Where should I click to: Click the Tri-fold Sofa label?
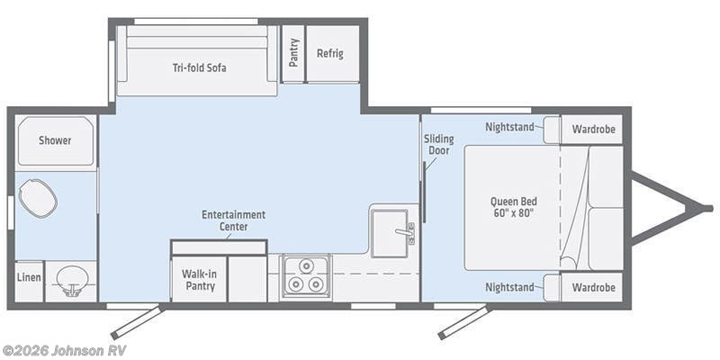tap(198, 67)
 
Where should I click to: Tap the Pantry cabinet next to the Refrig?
tap(293, 53)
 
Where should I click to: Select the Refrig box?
tap(330, 53)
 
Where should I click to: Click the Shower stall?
tap(55, 140)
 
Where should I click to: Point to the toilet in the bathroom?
tap(38, 198)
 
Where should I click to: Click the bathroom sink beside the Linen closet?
tap(70, 281)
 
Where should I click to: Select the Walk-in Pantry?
tap(198, 279)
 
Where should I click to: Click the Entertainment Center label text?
tap(233, 220)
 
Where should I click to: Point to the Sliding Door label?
tap(439, 145)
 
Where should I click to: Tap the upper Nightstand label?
tap(509, 127)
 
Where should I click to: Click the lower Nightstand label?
tap(509, 288)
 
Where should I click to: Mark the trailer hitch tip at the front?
tap(708, 208)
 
